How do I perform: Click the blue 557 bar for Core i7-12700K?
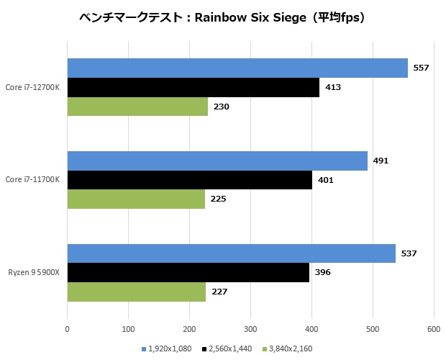237,68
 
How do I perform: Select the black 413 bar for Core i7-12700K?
193,87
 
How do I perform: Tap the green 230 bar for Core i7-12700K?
137,107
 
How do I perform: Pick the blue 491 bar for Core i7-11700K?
217,161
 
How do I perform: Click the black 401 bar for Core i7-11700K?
189,180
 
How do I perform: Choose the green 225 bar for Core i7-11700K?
136,199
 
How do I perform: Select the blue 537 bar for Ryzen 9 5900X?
231,253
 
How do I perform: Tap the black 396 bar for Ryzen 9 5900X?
188,273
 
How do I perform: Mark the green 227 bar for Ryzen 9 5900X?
137,292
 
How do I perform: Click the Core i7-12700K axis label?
32,87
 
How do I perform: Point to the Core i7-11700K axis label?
32,180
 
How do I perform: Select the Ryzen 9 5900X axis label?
34,273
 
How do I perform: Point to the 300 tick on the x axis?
250,330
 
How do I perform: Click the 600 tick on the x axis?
434,330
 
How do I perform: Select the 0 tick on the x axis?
67,330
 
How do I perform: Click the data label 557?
421,68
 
